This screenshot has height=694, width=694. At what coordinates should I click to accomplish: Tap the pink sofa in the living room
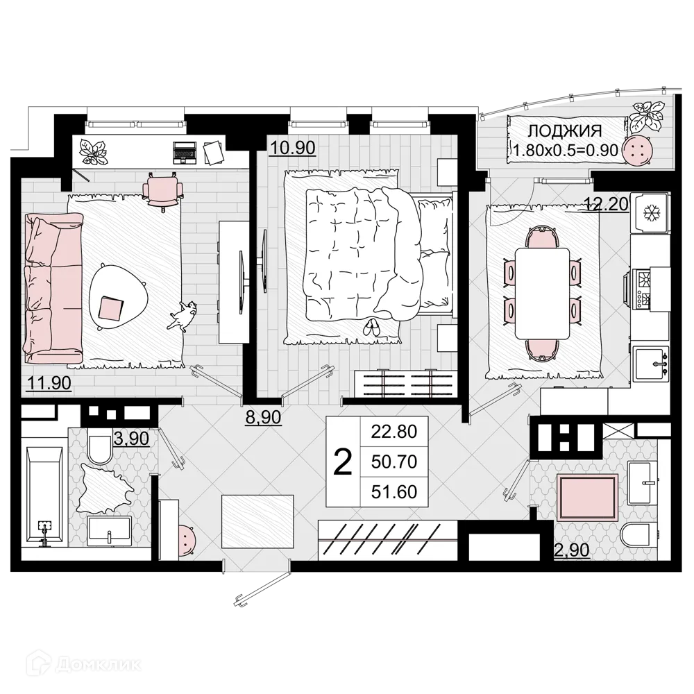coord(53,287)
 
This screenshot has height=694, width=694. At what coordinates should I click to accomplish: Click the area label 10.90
coord(292,147)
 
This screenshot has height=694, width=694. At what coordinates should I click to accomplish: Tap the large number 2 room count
coord(342,462)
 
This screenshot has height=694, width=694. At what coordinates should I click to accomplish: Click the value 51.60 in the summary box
coord(393,491)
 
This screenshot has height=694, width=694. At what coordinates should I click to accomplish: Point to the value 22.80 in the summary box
coord(393,432)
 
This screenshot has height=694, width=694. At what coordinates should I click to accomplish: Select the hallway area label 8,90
coord(263,418)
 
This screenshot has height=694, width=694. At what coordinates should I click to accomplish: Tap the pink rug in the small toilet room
coord(587,498)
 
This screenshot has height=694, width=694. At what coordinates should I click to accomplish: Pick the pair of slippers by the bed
coord(373,327)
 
